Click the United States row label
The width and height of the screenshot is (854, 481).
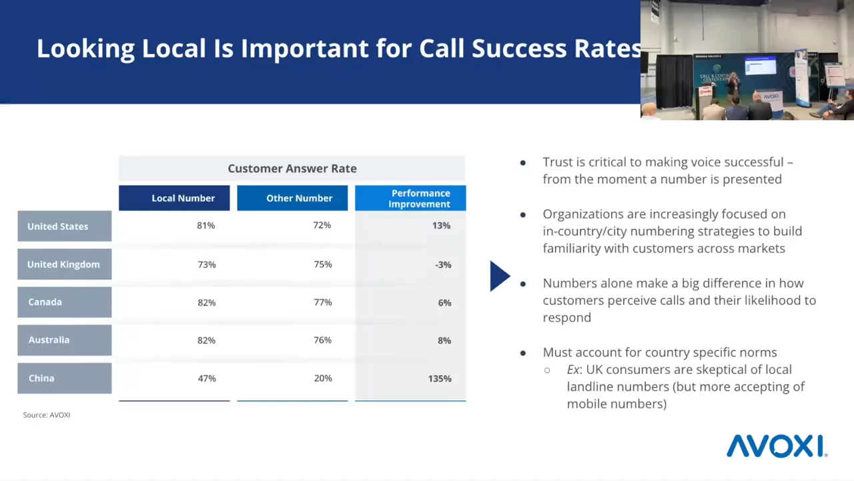[x=65, y=226]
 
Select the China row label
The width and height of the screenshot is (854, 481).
[x=65, y=378]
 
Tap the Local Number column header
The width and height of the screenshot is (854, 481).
[x=174, y=198]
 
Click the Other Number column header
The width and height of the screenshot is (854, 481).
[x=292, y=198]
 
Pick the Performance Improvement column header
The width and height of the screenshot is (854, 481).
[x=410, y=198]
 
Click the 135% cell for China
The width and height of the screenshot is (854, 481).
[x=440, y=379]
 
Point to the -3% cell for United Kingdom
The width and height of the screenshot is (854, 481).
[x=443, y=265]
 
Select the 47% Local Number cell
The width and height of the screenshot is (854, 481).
[x=207, y=378]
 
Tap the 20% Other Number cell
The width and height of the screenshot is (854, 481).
[x=323, y=378]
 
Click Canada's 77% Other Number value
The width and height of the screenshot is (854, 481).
[x=323, y=303]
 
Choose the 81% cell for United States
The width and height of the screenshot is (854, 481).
[x=206, y=226]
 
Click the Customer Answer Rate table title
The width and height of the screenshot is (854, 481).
[x=292, y=168]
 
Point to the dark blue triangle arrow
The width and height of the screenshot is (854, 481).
[x=500, y=276]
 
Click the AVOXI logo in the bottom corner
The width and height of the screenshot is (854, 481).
[x=777, y=446]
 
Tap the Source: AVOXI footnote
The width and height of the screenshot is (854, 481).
[x=47, y=415]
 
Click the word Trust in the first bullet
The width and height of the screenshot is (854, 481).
[x=557, y=162]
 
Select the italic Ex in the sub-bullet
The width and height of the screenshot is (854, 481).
[x=573, y=369]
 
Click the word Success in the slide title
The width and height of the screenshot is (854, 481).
[x=519, y=49]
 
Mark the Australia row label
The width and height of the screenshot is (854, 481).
[x=65, y=340]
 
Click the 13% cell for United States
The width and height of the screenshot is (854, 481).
[x=441, y=226]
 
